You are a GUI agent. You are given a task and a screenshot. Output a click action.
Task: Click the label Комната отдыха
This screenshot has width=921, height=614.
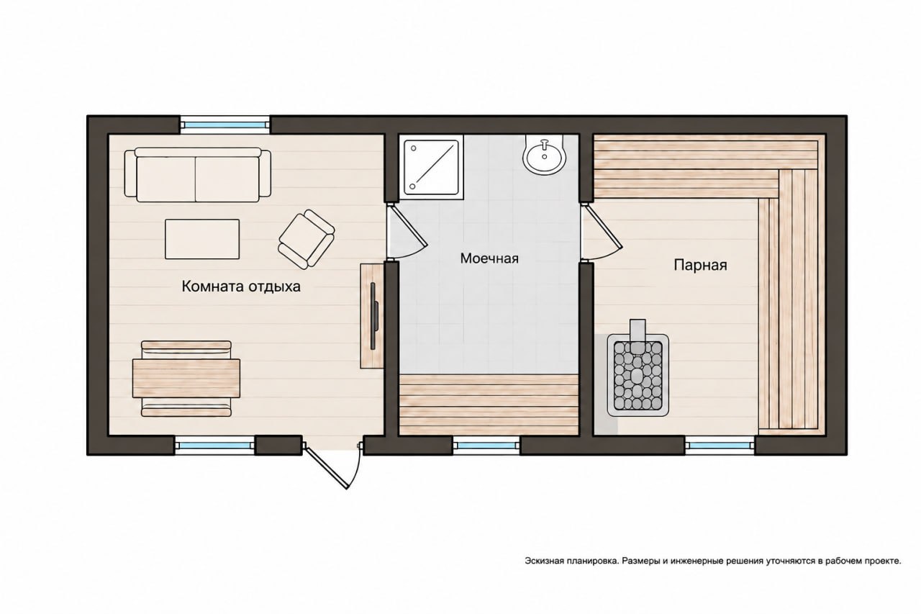click(241, 286)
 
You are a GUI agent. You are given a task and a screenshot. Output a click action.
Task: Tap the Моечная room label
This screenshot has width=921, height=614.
click(489, 258)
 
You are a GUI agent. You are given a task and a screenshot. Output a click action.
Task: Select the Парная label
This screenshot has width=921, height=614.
click(700, 266)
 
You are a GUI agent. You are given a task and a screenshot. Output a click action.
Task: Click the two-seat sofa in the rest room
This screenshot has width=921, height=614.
click(198, 175)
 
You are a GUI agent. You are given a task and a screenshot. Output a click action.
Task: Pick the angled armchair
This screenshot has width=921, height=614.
click(307, 240)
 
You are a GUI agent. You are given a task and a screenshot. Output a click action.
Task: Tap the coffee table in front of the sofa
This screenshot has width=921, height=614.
click(202, 239)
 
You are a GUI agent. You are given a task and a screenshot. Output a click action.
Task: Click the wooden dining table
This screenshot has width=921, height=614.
click(186, 379)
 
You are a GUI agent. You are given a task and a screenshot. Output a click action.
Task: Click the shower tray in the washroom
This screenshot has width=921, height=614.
click(431, 168)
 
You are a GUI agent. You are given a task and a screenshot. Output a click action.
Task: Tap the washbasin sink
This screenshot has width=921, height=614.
click(545, 155)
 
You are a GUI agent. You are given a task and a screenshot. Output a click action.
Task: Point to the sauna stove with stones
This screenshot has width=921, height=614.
click(638, 374)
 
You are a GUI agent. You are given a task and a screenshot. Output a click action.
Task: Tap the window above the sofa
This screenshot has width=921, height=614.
click(225, 125)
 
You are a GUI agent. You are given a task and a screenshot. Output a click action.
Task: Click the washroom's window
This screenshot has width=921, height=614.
click(486, 446)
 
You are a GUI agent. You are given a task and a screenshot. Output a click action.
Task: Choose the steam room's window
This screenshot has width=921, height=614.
click(720, 446)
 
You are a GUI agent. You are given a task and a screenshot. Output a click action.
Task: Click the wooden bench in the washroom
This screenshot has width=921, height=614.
click(489, 405)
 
